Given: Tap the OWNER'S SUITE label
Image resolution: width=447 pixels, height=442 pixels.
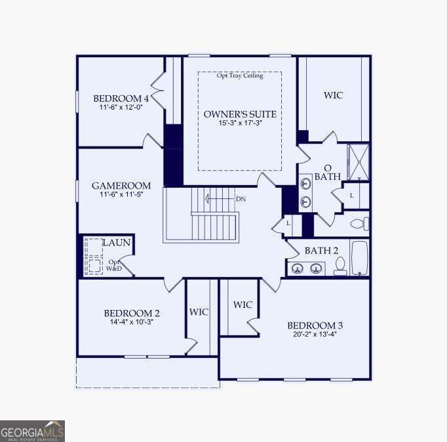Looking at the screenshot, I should (x=240, y=114).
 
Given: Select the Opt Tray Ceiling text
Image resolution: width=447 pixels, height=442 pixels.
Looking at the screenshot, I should (x=240, y=76).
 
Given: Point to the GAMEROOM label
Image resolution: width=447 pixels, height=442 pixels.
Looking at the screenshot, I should (x=121, y=186).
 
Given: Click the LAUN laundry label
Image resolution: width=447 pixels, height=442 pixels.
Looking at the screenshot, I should (x=116, y=243).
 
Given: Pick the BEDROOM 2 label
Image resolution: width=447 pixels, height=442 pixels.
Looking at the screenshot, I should (x=131, y=313).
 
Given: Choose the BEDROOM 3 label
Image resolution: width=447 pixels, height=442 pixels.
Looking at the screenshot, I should (x=315, y=325).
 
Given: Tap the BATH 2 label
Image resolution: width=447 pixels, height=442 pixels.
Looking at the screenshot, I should (x=321, y=251).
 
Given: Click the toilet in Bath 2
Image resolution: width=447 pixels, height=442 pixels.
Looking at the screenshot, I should (x=340, y=265).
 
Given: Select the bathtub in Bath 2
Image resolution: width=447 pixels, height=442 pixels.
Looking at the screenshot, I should (x=360, y=258).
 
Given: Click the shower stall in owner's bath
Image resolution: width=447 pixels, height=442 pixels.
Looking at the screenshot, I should (x=358, y=162).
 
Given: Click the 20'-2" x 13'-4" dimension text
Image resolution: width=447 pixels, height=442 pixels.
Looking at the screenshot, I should (x=315, y=334).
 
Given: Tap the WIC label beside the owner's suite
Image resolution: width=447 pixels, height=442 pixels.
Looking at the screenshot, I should (x=333, y=96).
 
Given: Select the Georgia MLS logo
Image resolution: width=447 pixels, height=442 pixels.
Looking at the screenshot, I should (x=32, y=431).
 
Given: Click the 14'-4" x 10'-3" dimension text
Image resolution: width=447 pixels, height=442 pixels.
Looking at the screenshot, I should (x=131, y=322).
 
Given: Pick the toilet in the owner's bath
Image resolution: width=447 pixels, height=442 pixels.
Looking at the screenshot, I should (x=359, y=224).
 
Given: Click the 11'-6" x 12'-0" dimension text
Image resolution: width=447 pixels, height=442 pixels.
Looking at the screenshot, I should (x=121, y=107).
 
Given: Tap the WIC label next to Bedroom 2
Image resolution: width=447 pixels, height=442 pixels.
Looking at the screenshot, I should (x=199, y=312).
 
